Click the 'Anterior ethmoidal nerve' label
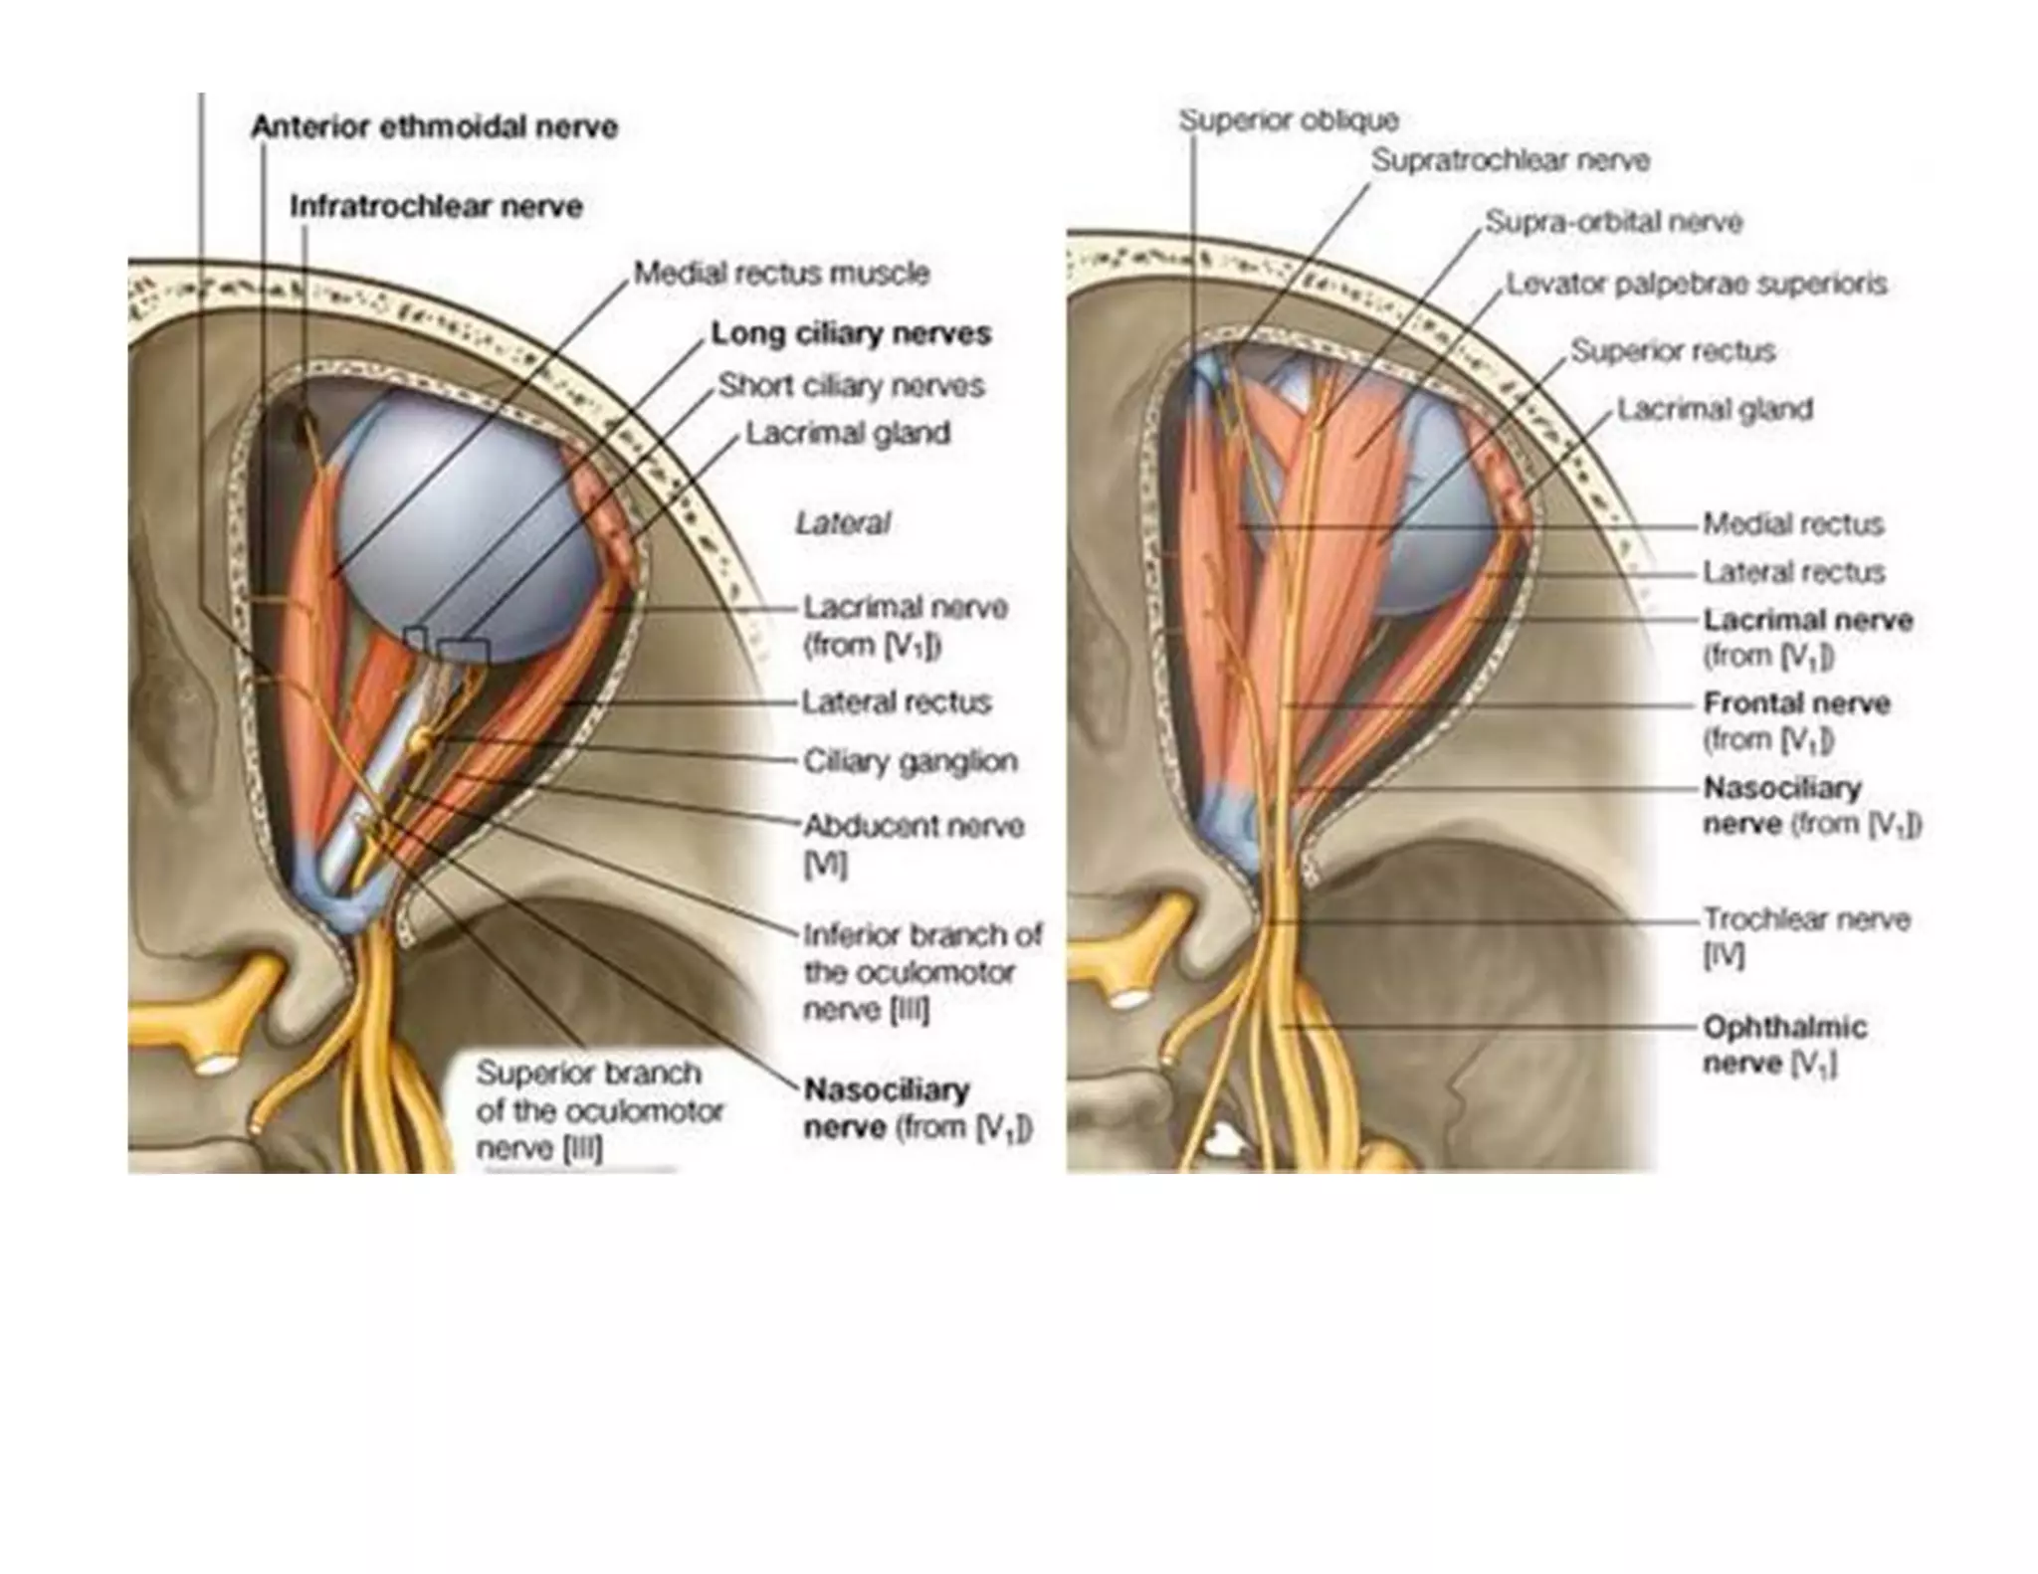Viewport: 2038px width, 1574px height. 434,127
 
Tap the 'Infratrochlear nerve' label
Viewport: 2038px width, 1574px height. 436,207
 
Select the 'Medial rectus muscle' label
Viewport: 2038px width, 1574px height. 781,273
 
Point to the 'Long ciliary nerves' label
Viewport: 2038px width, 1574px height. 851,333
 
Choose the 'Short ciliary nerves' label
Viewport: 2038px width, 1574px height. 851,385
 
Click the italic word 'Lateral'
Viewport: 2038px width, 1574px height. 842,523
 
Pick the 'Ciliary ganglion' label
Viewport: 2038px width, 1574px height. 910,762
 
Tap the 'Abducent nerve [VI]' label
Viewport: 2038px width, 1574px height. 913,843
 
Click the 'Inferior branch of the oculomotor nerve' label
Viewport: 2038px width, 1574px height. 921,972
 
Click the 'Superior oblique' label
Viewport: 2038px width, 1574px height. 1289,120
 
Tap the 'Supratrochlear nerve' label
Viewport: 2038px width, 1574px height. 1510,160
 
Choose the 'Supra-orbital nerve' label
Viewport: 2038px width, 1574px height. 1613,222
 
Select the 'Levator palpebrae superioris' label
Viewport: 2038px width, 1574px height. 1696,285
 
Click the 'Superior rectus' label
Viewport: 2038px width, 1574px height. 1673,351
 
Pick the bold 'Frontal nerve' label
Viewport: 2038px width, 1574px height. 1796,704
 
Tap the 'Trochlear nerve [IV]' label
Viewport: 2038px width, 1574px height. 1805,935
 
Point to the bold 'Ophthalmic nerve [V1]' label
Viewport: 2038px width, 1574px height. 1784,1045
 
